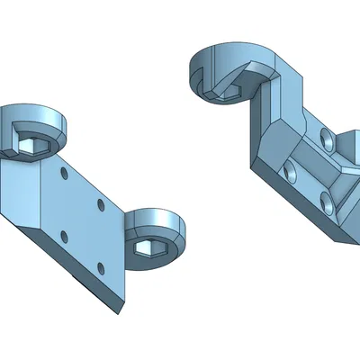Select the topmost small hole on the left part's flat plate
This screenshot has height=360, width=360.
coord(62,170)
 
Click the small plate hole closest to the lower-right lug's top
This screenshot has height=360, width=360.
coord(101,206)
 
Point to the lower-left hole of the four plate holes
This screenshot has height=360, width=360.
coord(63,236)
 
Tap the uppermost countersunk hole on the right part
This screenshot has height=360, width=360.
coord(326,141)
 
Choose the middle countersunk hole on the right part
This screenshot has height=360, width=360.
coord(290,172)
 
